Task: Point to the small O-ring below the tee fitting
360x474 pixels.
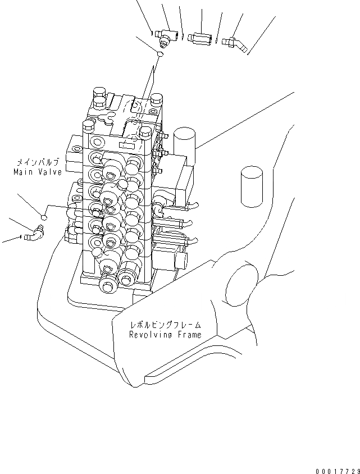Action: click(x=160, y=55)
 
